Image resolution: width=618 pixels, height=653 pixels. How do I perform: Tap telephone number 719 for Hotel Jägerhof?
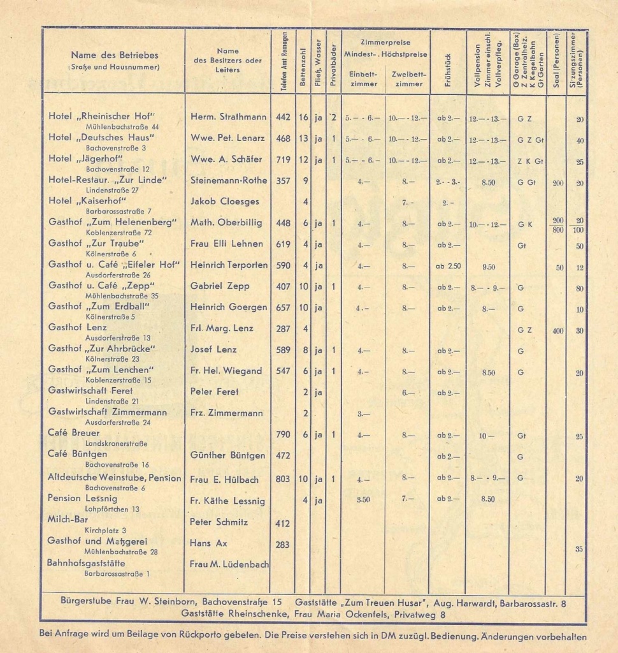point(283,159)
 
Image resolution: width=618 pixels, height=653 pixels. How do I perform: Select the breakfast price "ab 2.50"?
point(449,266)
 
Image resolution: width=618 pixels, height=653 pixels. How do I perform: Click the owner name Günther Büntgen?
point(227,455)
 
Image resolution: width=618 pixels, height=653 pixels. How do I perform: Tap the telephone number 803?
point(283,478)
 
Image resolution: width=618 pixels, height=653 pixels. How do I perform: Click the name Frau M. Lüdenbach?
point(229,564)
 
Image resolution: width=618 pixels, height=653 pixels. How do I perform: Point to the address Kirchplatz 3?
point(105,530)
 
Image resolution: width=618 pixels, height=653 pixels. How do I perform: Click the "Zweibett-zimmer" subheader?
point(408,78)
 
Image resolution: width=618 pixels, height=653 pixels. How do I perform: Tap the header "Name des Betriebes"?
point(115,55)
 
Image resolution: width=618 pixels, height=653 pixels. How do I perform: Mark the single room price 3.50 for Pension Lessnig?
point(363,499)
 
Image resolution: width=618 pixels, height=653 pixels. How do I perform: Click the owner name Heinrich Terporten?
point(227,265)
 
